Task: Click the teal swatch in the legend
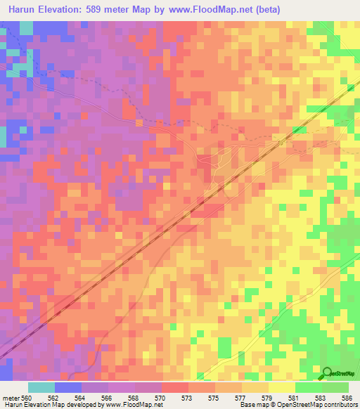point(41,387)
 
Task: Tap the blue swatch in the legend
point(68,387)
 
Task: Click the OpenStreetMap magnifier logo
point(328,373)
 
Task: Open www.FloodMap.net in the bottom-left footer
point(134,405)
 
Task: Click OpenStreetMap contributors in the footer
point(321,405)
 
